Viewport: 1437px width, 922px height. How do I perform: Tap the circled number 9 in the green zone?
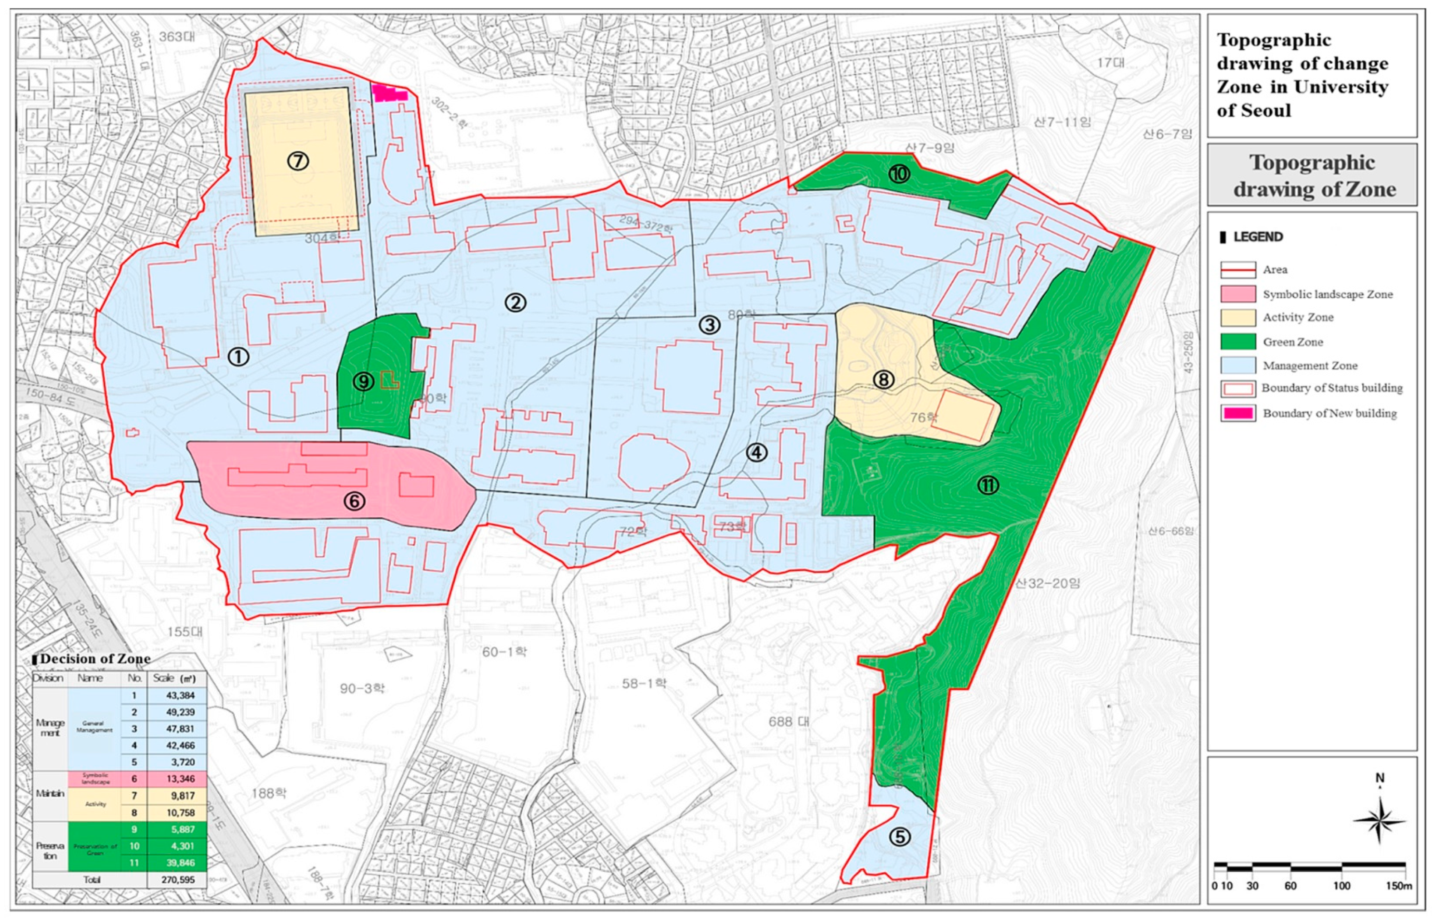(363, 381)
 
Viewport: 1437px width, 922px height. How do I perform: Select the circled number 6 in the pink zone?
(355, 500)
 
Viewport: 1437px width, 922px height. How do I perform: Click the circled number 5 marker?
(900, 837)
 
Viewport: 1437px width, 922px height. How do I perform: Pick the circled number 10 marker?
(899, 174)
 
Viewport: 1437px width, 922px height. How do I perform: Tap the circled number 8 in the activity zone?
(883, 379)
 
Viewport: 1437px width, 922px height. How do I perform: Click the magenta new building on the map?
(390, 94)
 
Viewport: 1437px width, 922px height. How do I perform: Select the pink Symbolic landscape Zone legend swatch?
(1238, 294)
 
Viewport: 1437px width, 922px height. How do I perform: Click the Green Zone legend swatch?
(1238, 342)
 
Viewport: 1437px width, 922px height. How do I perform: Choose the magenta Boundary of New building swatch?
(1238, 413)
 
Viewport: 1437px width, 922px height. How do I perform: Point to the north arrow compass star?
(1379, 821)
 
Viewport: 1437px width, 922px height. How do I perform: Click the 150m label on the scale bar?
(1399, 886)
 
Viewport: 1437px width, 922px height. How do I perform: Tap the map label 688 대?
(788, 722)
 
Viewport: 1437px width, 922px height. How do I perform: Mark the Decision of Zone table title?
(94, 658)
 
